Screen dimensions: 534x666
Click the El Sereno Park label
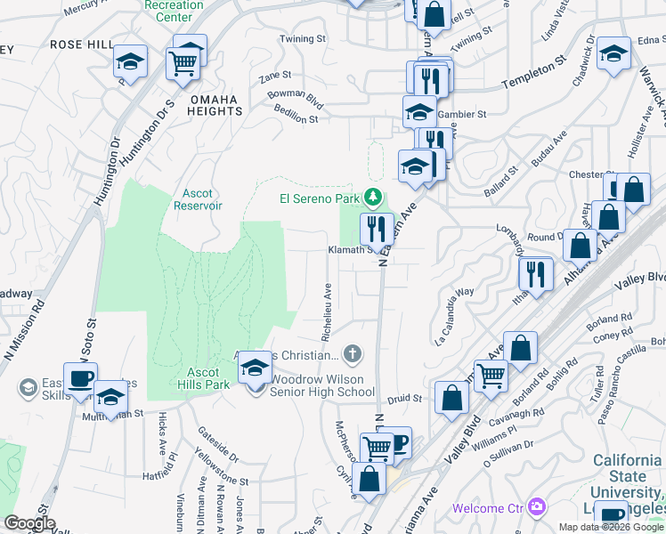(x=319, y=198)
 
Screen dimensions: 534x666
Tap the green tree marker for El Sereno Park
(x=375, y=197)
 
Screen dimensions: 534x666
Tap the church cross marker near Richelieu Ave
(x=353, y=355)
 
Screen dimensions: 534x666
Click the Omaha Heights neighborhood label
(x=215, y=106)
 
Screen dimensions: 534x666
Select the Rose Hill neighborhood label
(x=82, y=44)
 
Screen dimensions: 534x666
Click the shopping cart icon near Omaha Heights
(x=183, y=63)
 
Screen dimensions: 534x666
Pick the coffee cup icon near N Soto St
(x=79, y=379)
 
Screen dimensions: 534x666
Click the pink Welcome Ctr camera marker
(x=536, y=507)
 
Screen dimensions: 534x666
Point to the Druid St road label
(x=405, y=399)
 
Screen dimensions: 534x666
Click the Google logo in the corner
(x=29, y=523)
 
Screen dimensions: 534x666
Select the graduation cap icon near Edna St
(x=614, y=54)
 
